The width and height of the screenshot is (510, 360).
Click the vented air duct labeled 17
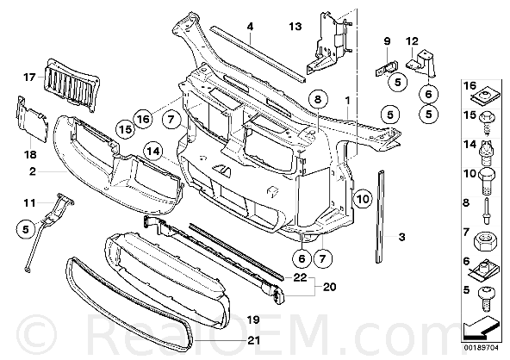pos(72,84)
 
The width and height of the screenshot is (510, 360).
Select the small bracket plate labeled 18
pos(32,119)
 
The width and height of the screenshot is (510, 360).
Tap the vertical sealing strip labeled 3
pos(381,215)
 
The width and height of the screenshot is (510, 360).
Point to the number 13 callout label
pos(295,27)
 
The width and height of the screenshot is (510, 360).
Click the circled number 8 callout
pos(318,99)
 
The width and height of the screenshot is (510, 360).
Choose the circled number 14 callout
pos(153,151)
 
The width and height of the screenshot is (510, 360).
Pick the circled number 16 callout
pos(143,120)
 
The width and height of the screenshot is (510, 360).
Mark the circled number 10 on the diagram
pos(363,198)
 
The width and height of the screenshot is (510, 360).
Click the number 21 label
pos(253,340)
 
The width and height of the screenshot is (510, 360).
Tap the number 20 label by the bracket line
pos(329,287)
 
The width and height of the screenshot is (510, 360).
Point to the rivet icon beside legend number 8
pos(486,211)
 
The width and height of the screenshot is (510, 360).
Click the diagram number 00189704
pos(480,348)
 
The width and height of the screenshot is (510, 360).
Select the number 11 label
pos(29,203)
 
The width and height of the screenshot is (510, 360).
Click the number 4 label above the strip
pos(250,27)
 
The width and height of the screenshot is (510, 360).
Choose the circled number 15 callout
pos(125,129)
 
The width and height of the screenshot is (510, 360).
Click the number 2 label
pos(32,171)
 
